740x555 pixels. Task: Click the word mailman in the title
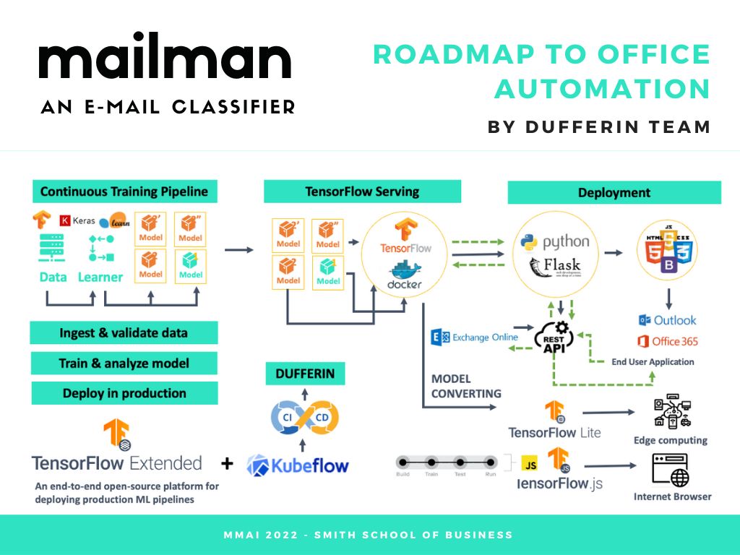(165, 61)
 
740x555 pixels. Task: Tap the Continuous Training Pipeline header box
(124, 192)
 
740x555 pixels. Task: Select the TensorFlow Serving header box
(362, 192)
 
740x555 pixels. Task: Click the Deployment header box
(614, 192)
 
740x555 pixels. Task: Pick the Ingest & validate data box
(124, 333)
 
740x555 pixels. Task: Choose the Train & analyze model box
(124, 363)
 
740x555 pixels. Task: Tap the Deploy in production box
(124, 393)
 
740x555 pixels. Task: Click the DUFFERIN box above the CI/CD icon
(304, 374)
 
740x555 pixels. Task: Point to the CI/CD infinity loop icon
(304, 417)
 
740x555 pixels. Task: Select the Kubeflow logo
(298, 465)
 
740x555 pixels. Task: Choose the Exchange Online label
(475, 337)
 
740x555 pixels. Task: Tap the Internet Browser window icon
(671, 470)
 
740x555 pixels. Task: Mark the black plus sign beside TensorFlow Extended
(227, 463)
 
